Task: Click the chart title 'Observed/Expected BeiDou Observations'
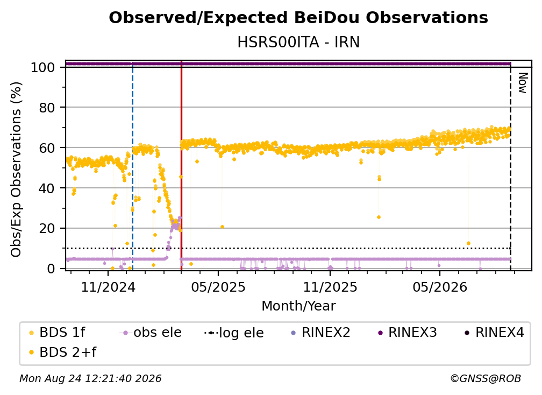pos(298,18)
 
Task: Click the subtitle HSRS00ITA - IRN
pos(298,42)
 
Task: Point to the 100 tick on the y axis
pos(43,67)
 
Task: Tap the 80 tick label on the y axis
pos(47,108)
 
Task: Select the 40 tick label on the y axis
pos(47,188)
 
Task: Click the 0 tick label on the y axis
pos(51,269)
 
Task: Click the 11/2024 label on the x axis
pos(108,287)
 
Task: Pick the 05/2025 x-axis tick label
pos(218,287)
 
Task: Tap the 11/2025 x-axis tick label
pos(330,287)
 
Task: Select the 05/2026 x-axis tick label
pos(440,287)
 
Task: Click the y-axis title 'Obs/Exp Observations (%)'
pos(16,169)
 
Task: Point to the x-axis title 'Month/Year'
pos(298,306)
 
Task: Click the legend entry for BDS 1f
pos(57,333)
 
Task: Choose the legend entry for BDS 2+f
pos(62,352)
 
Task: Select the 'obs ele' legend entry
pos(151,333)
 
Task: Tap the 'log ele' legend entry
pos(234,333)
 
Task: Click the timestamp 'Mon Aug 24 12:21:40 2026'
pos(90,379)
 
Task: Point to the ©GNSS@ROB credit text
pos(486,379)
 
